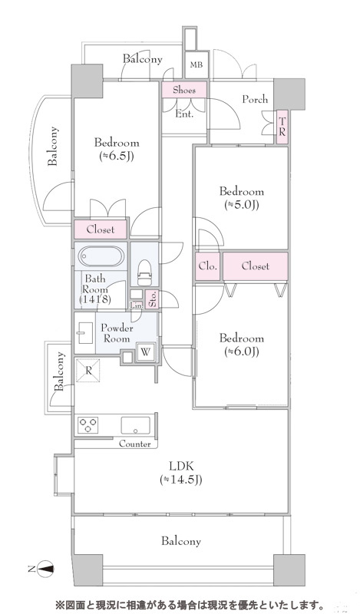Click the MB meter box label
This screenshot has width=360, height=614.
click(197, 64)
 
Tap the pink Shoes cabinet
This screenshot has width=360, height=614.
click(184, 90)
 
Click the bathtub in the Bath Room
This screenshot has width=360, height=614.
click(101, 256)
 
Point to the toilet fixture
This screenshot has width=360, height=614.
click(144, 273)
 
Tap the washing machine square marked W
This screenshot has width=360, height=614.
click(145, 352)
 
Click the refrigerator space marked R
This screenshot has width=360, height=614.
click(88, 370)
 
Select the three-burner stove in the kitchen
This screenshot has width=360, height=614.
click(88, 425)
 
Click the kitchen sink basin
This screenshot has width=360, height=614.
click(136, 425)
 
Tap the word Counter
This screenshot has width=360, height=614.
click(135, 444)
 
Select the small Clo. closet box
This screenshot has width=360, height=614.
click(207, 266)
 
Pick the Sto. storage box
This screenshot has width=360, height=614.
click(153, 299)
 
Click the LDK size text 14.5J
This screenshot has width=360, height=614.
click(181, 480)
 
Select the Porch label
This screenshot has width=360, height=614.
click(255, 100)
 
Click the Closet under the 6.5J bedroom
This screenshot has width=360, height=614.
click(101, 229)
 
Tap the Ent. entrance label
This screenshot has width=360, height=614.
click(183, 114)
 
